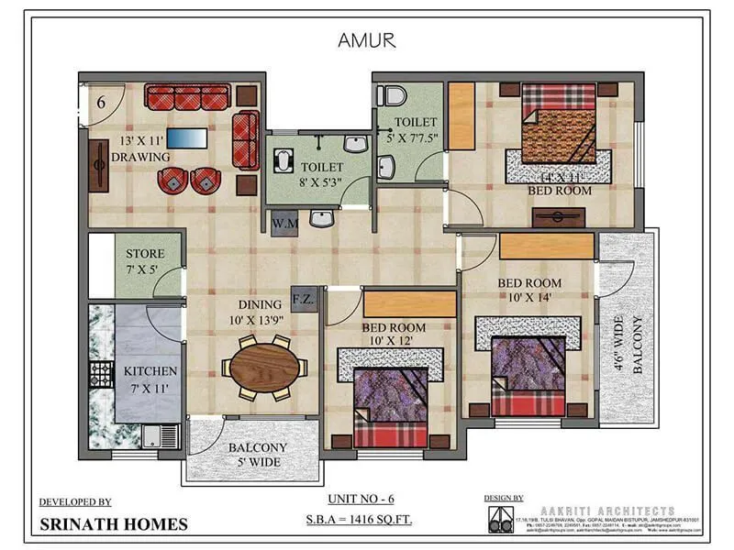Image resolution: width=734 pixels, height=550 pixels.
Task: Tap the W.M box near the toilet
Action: (x=283, y=221)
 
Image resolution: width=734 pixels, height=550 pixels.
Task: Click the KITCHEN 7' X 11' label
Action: (x=150, y=379)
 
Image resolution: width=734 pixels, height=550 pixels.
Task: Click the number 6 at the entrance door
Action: (x=102, y=102)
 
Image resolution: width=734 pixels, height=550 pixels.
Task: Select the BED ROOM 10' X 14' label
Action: (x=529, y=290)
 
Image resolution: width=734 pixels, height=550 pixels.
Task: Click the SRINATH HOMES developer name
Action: (x=114, y=524)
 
